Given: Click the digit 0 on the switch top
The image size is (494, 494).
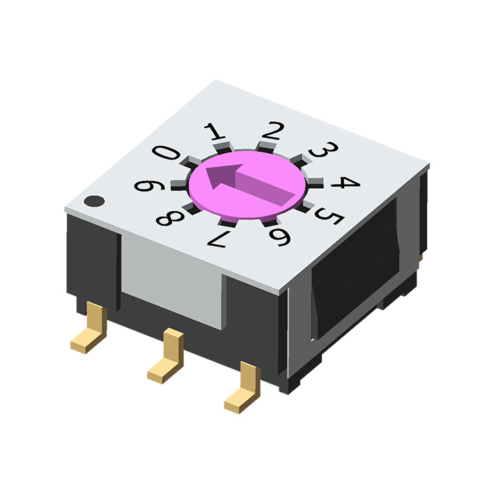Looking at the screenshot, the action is tap(166, 153).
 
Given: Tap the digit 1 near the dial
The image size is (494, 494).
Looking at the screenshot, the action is tap(215, 131).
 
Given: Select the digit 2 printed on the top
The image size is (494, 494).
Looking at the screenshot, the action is tap(273, 130).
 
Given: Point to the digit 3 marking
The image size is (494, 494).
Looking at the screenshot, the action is tap(323, 149).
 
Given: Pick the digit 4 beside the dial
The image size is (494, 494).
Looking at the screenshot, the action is tap(345, 183).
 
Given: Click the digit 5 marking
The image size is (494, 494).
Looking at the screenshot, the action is tap(330, 216).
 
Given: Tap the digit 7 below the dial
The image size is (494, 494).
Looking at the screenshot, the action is tap(218, 239).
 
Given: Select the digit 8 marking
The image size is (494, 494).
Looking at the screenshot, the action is tap(170, 218).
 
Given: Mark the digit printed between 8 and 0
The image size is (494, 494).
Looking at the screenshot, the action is tap(149, 185).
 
